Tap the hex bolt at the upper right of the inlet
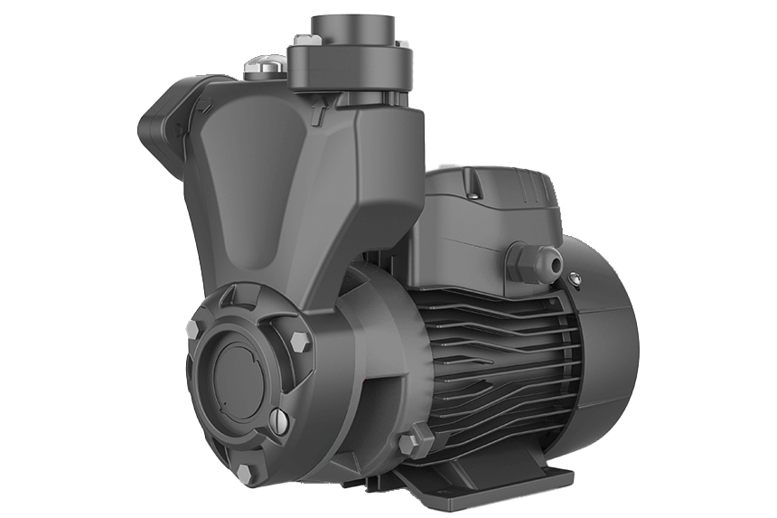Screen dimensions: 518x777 click(x=299, y=342)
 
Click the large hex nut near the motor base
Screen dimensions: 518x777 click(x=410, y=443)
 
